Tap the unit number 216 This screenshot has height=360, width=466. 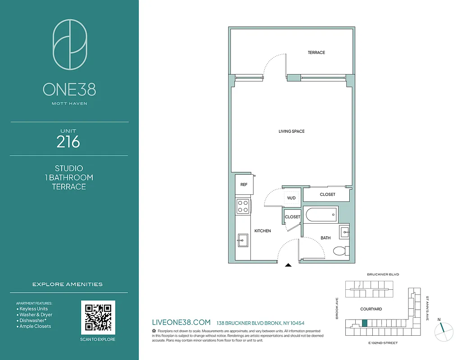tap(68, 142)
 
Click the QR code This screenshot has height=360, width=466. tap(98, 317)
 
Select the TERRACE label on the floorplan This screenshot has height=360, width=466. tap(316, 53)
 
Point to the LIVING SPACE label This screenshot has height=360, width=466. tap(291, 131)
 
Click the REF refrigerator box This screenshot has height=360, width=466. tap(244, 184)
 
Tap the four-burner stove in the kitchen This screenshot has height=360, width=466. tap(243, 206)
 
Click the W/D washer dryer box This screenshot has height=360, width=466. tap(291, 198)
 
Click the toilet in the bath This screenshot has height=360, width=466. tap(340, 251)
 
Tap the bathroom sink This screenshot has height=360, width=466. tap(344, 232)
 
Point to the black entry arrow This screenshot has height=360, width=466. tap(288, 265)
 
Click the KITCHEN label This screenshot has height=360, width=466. tap(262, 231)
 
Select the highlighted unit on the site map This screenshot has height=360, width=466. tap(365, 323)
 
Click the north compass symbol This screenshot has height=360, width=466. tap(443, 331)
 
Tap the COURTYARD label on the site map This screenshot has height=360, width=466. tap(371, 309)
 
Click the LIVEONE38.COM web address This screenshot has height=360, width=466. tap(181, 322)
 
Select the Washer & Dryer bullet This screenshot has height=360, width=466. tap(36, 315)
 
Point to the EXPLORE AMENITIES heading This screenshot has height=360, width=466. tap(68, 284)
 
